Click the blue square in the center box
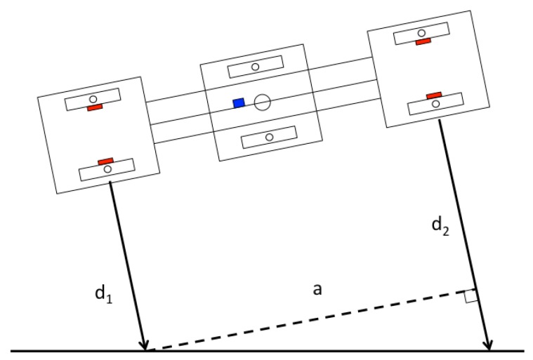coord(239,103)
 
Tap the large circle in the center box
coord(262,102)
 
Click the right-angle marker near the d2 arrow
coord(471,296)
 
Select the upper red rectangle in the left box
coord(95,107)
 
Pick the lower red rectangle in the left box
coord(106,161)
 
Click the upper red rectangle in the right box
coord(423,42)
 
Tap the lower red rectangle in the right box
coord(434,95)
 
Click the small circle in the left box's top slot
coord(93,99)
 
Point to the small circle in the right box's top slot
coord(421,33)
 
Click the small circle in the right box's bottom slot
coord(435,104)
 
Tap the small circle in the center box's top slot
coord(255,67)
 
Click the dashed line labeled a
coord(309,319)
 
